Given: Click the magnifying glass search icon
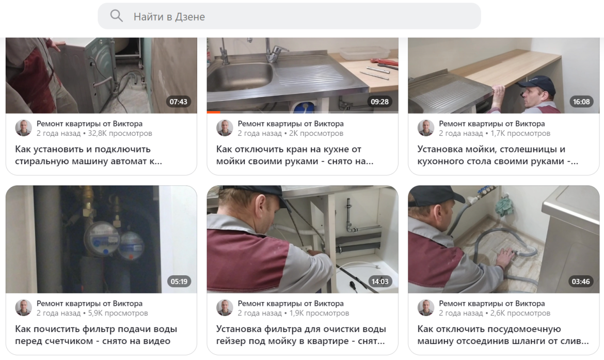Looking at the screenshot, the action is pyautogui.click(x=116, y=16).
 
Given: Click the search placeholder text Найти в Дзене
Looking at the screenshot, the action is pyautogui.click(x=169, y=17).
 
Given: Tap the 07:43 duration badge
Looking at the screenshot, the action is pyautogui.click(x=178, y=102).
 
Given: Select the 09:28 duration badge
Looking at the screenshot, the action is pyautogui.click(x=379, y=102).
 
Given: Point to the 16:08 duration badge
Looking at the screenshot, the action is pyautogui.click(x=581, y=102).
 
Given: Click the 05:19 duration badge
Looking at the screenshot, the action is pyautogui.click(x=179, y=281).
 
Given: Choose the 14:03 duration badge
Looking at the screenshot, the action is pyautogui.click(x=380, y=281).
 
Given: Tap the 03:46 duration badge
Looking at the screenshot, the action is pyautogui.click(x=580, y=281).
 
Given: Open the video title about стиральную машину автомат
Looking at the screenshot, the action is pyautogui.click(x=89, y=155).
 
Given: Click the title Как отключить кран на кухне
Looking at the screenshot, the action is pyautogui.click(x=295, y=155).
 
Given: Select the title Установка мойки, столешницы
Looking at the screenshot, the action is pyautogui.click(x=498, y=155).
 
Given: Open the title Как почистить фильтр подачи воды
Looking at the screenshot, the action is pyautogui.click(x=96, y=335).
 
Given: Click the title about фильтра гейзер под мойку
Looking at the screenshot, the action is pyautogui.click(x=301, y=335).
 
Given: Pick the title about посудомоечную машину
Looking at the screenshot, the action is pyautogui.click(x=503, y=335).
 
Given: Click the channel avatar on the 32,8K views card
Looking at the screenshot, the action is pyautogui.click(x=24, y=128).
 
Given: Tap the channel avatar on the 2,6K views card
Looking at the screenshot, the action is pyautogui.click(x=426, y=308).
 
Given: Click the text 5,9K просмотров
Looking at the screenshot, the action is pyautogui.click(x=118, y=313).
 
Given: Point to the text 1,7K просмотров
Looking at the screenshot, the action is pyautogui.click(x=520, y=133).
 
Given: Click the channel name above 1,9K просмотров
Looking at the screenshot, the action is pyautogui.click(x=291, y=303).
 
